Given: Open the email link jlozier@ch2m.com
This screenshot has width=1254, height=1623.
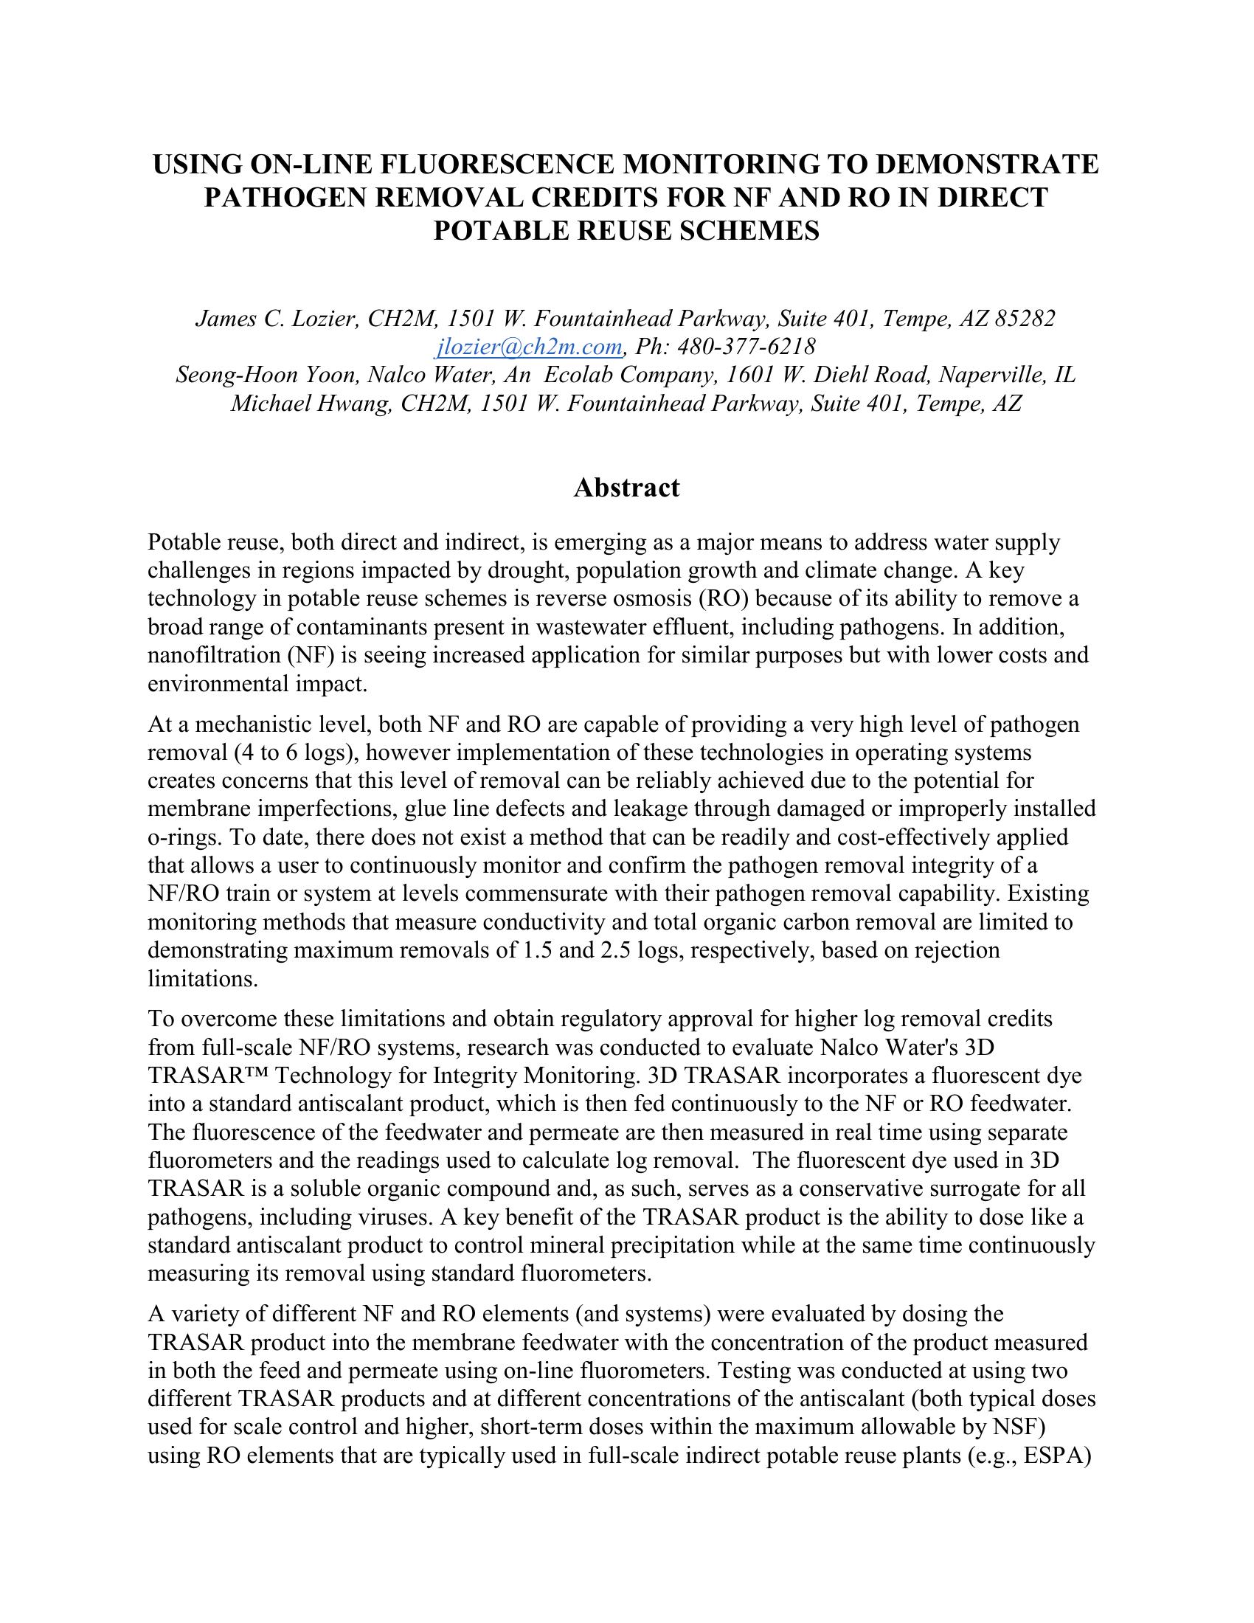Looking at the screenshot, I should point(530,346).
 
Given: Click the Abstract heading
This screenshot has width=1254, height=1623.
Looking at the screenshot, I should point(626,488).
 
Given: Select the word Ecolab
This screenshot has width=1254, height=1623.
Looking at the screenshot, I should point(579,375).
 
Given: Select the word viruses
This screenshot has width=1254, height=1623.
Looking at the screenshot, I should point(395,1217).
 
